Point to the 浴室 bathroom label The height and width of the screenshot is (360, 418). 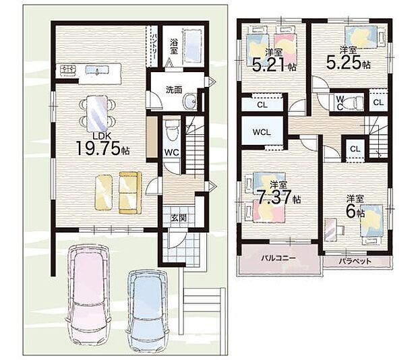173,47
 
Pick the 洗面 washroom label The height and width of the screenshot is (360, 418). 174,90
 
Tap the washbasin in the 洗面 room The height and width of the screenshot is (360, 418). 190,101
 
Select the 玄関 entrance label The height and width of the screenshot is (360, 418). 179,218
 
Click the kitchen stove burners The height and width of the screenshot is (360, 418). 68,70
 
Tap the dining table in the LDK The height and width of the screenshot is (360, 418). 97,113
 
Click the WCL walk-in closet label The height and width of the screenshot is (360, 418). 262,132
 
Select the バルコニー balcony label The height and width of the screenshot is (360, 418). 278,258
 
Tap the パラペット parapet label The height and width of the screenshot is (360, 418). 355,261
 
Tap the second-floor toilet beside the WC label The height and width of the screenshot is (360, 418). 353,102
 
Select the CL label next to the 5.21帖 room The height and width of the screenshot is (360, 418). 262,105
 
